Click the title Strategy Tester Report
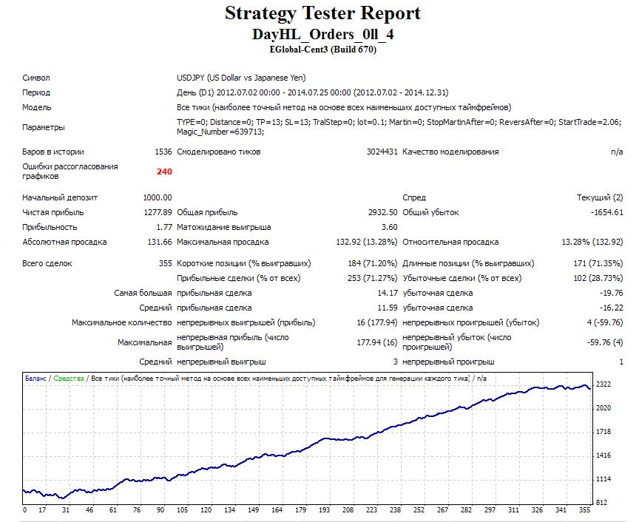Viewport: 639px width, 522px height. tap(322, 13)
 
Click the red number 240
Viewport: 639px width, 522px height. tap(164, 172)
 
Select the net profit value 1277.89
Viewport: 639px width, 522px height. tap(158, 212)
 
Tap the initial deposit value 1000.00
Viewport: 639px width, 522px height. tap(158, 197)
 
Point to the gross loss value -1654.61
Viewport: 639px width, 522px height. tap(606, 212)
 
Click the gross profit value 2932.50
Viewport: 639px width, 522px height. tap(382, 212)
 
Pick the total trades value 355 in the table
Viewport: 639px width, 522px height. tap(166, 263)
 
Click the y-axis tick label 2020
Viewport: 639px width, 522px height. tap(603, 408)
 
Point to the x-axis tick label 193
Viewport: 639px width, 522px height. tap(325, 509)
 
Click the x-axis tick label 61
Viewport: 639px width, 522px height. tap(113, 509)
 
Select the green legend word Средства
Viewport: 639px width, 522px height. tap(69, 378)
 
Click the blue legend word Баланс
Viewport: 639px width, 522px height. tap(35, 378)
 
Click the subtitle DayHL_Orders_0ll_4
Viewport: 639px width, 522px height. tap(322, 34)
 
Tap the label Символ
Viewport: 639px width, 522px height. tap(35, 78)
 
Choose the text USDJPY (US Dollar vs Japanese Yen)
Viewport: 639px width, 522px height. tap(241, 78)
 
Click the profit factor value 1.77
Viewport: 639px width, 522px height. tap(164, 227)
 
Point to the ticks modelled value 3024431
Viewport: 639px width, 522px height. tap(382, 152)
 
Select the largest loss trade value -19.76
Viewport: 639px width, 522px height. tap(612, 293)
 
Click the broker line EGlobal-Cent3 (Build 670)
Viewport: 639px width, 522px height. tap(322, 50)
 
